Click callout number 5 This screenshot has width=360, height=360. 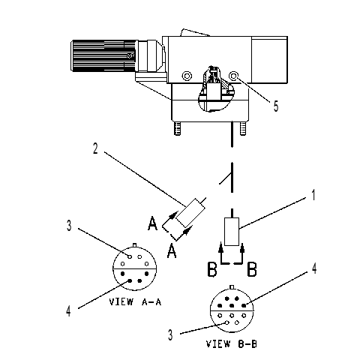(275, 106)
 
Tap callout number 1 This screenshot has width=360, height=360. (313, 195)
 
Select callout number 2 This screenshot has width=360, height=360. (95, 148)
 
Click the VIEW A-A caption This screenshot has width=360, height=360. (135, 302)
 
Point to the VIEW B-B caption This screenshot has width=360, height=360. (232, 344)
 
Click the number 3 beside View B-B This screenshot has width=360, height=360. (170, 335)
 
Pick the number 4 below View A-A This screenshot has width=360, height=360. (68, 311)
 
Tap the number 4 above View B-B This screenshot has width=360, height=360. (314, 268)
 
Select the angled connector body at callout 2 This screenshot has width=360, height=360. (190, 213)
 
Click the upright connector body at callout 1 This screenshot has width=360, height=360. (232, 232)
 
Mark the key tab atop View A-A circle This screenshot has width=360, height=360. (135, 245)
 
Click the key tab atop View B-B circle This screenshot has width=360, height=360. (232, 286)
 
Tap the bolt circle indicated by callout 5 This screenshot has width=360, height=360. (234, 76)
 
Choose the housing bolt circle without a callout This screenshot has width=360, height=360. (187, 76)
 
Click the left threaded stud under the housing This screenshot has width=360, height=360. (178, 128)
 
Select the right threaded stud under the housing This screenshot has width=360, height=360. (243, 128)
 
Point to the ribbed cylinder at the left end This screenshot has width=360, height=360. (104, 55)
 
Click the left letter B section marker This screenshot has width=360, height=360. (212, 269)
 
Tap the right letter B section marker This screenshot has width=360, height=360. (252, 269)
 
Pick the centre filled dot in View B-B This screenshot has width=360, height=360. (232, 305)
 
